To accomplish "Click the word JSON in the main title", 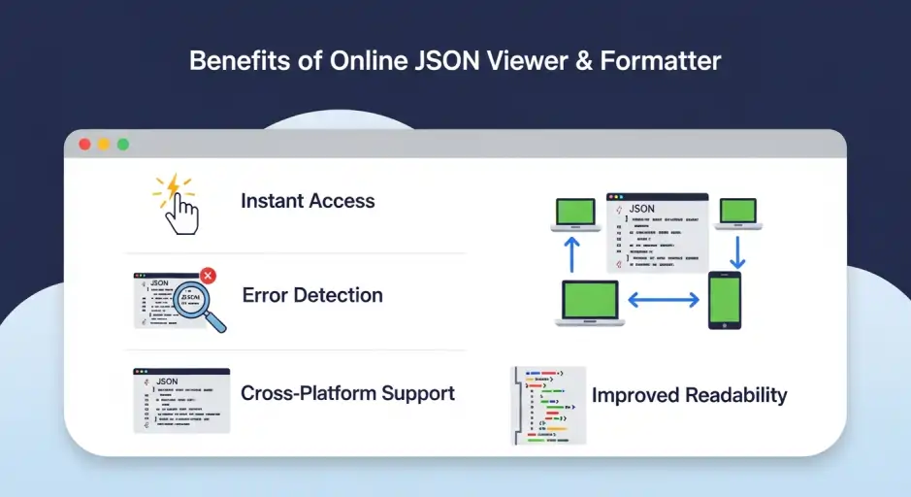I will (446, 60).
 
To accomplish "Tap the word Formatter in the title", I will (661, 60).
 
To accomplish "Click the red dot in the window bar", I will (84, 145).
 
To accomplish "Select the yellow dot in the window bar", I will (104, 145).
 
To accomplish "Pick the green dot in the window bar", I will (123, 145).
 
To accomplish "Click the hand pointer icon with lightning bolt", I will (177, 205).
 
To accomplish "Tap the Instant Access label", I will (308, 201).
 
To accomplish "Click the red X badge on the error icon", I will (208, 277).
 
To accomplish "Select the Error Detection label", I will (312, 295).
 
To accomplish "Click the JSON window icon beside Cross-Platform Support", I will (181, 399).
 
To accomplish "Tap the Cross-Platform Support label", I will (347, 393).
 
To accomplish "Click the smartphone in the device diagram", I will (724, 300).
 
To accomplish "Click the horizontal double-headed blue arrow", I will (664, 301).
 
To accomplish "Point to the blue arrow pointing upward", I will (570, 253).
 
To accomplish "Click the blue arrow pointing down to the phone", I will (736, 250).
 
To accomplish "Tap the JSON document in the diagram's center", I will (657, 232).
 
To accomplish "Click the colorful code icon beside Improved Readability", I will (549, 405).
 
